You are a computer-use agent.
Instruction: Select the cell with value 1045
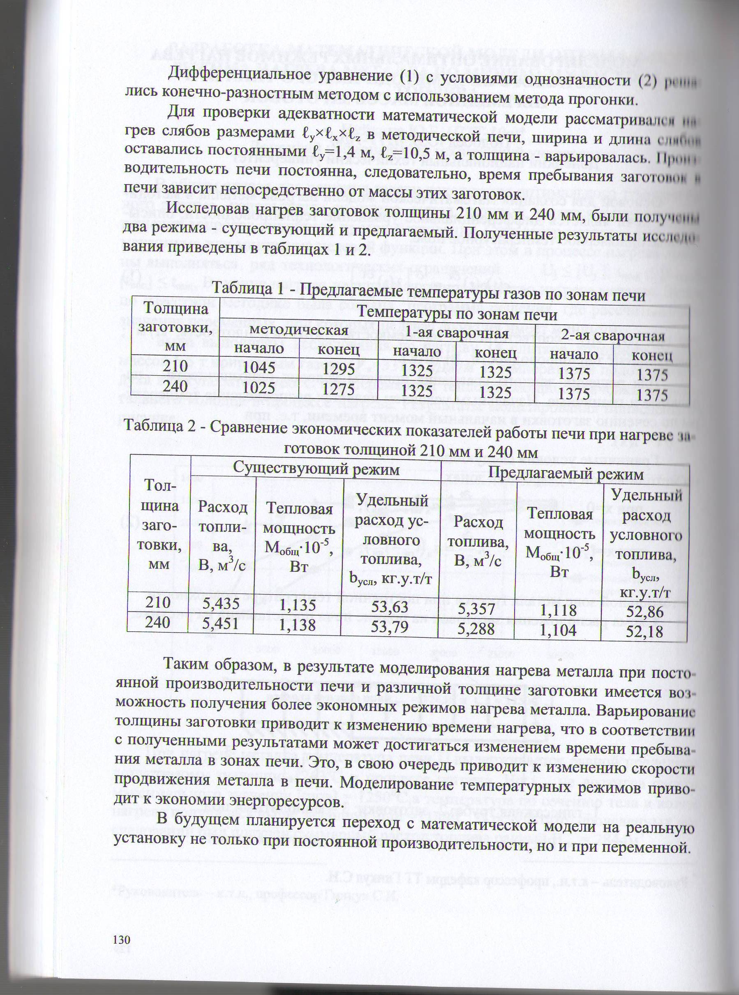(x=259, y=367)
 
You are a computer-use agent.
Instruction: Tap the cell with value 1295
(x=339, y=369)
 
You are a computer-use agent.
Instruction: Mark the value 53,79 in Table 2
(x=390, y=627)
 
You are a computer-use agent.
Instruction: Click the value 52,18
(x=644, y=631)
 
